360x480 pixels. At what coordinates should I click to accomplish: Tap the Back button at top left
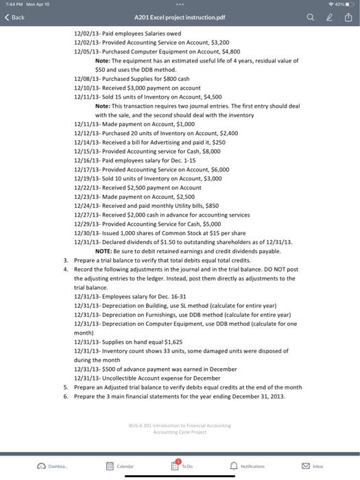15,16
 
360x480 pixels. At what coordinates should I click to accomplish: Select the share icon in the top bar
347,16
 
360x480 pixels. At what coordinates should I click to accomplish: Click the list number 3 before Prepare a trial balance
65,261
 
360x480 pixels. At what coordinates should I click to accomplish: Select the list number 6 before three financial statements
65,396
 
